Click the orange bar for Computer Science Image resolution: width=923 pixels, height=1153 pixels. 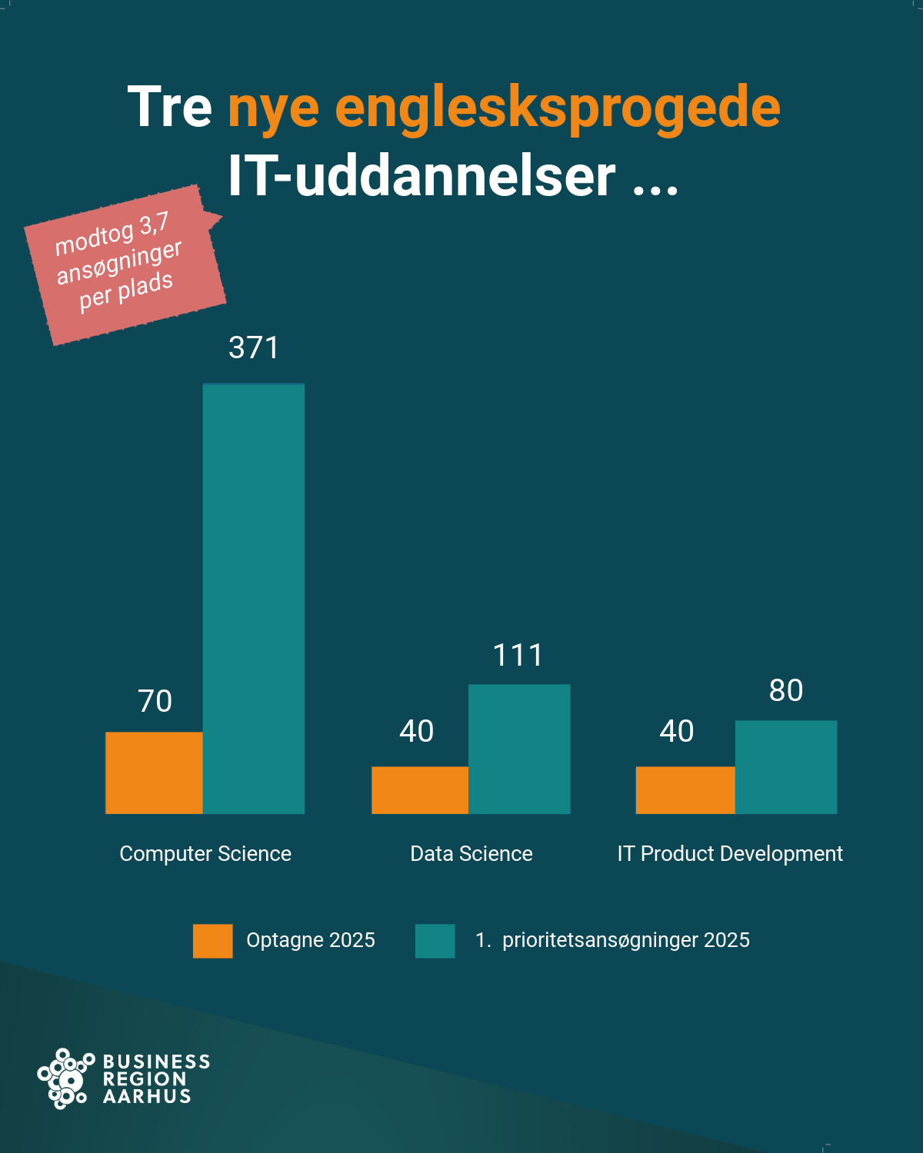coord(154,773)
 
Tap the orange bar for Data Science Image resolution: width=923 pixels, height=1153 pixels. coord(420,789)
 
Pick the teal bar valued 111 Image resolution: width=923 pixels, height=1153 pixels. coord(519,749)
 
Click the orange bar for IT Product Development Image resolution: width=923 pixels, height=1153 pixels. coord(685,789)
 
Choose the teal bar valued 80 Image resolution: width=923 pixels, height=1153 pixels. coord(786,766)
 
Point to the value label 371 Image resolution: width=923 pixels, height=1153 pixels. coord(254,347)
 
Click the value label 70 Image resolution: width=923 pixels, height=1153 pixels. coord(155,701)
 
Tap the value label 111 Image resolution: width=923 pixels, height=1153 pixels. coord(518,655)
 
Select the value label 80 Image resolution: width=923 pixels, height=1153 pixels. coord(786,690)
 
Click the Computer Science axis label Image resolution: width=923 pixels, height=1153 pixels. coord(205,853)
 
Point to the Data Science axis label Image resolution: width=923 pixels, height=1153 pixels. coord(471,853)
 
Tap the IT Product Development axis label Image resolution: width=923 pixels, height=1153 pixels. coord(730,853)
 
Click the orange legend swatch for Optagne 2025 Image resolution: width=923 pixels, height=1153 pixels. coord(212,941)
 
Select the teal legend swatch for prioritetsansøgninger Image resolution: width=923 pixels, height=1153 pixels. coord(435,941)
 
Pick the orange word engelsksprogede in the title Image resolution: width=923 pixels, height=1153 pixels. coord(558,108)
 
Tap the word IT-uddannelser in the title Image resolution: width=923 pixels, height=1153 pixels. coord(422,175)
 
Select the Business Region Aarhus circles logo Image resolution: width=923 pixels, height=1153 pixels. coord(65,1078)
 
